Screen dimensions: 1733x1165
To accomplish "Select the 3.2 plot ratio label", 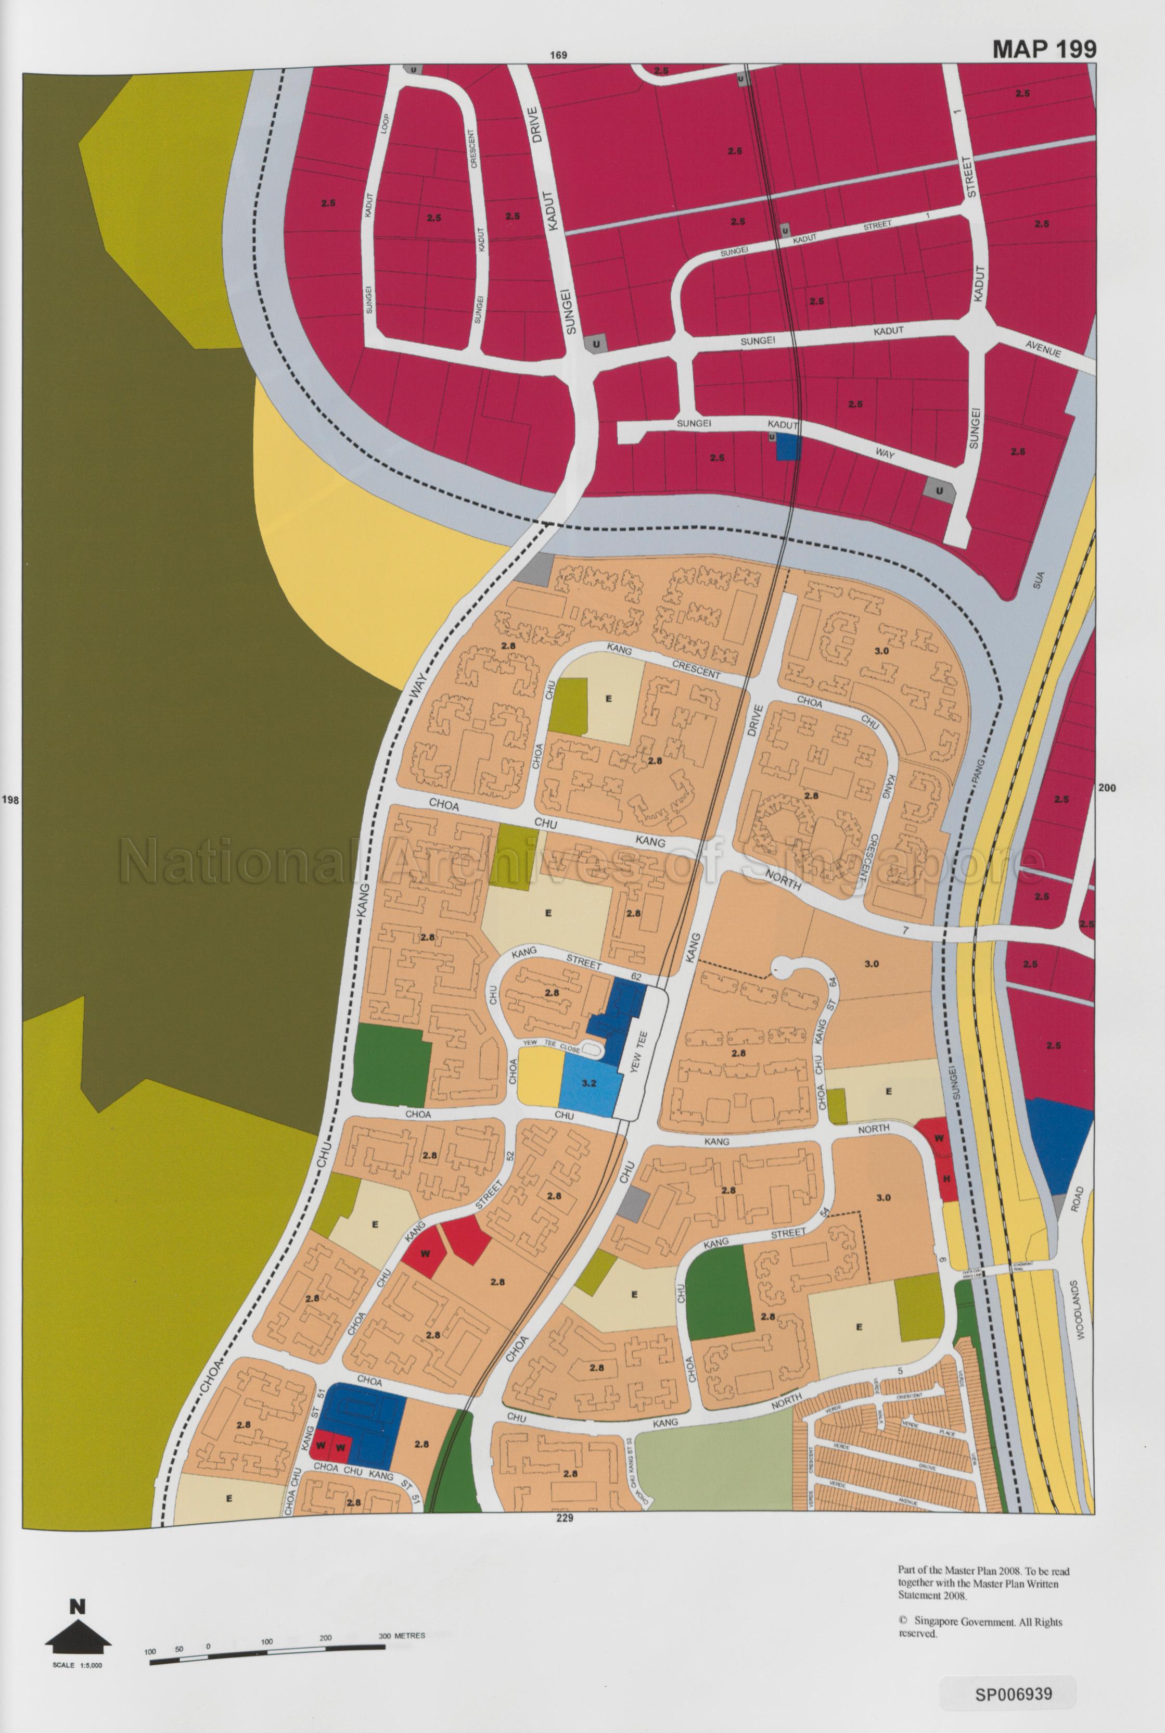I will pyautogui.click(x=588, y=1083).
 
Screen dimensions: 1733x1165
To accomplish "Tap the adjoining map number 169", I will pyautogui.click(x=559, y=55).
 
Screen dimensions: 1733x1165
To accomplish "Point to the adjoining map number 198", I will pyautogui.click(x=10, y=801).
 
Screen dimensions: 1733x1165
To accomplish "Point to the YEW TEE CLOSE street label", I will pyautogui.click(x=551, y=1043).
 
